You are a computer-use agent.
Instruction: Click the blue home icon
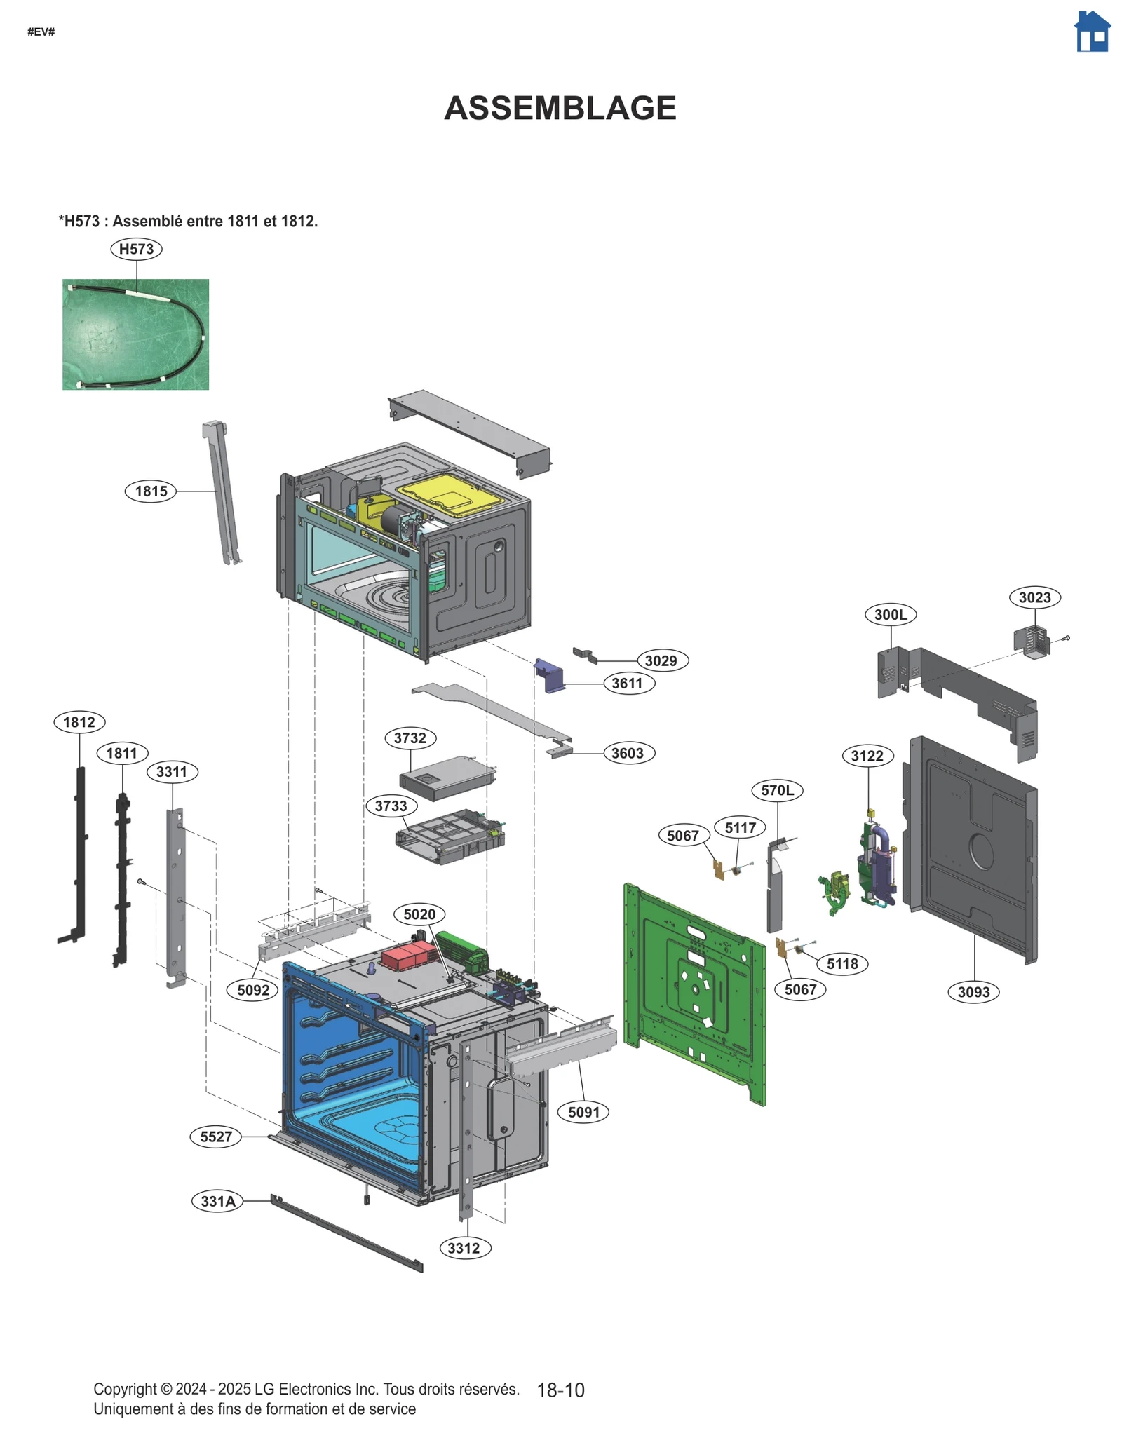(x=1092, y=32)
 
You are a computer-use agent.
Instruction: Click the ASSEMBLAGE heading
(x=560, y=108)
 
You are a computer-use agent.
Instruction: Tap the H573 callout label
(x=136, y=249)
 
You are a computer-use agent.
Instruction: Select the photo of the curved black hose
(x=135, y=334)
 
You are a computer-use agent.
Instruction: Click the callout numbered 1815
(x=151, y=491)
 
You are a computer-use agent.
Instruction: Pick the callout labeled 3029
(x=661, y=660)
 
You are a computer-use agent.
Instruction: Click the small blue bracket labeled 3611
(x=550, y=675)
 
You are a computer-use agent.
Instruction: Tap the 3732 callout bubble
(x=410, y=738)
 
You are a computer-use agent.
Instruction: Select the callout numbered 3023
(x=1034, y=597)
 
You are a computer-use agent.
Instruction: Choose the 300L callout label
(x=891, y=615)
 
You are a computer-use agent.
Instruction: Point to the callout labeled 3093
(x=973, y=992)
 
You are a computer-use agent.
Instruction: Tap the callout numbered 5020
(x=419, y=914)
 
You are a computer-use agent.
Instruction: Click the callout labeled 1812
(x=79, y=722)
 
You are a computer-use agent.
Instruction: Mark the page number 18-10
(x=560, y=1390)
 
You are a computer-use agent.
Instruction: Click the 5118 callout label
(x=841, y=964)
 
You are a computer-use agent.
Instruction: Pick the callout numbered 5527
(x=215, y=1137)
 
